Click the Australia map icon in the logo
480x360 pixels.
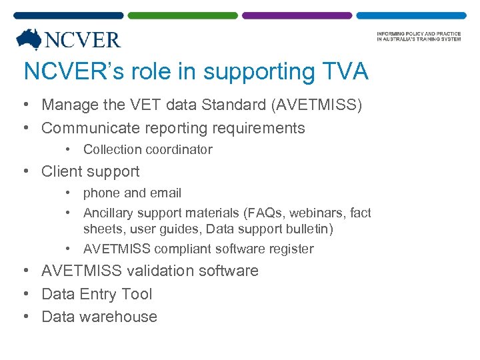tap(29, 39)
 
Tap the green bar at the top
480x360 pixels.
tap(183, 15)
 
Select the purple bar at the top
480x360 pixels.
tap(297, 15)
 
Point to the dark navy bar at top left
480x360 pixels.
tap(69, 15)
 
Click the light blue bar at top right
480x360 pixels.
tap(411, 15)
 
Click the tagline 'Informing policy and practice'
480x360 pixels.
tap(419, 34)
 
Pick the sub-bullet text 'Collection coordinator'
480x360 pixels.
tap(147, 150)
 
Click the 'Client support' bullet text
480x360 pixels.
tap(91, 171)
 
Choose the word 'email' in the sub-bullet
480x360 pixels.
tap(165, 193)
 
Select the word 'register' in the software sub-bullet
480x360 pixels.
tap(289, 249)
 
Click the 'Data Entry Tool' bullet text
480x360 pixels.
tap(97, 294)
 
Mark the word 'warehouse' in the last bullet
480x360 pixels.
tap(118, 317)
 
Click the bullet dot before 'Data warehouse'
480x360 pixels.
tap(25, 317)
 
